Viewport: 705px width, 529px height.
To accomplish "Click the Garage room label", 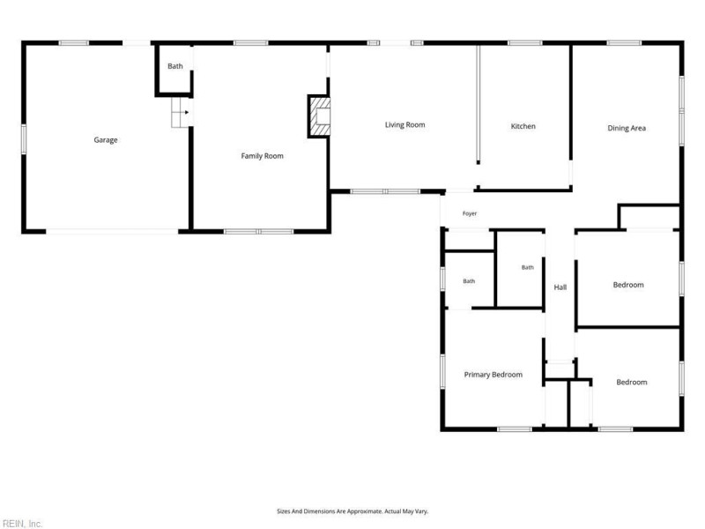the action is [106, 140].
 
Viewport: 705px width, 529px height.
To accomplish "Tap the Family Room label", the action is [262, 156].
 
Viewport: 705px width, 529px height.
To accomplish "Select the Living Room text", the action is [404, 125].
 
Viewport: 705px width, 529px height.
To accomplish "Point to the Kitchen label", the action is [523, 126].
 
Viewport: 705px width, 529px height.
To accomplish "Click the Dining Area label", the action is [627, 128].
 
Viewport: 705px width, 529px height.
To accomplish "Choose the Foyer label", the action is [470, 213].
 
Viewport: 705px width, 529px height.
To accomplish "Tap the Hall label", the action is [560, 287].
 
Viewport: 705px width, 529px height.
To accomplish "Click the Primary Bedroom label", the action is [493, 375].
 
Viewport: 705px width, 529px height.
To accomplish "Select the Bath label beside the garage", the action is [174, 66].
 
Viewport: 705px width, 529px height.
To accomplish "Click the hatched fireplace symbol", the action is [319, 116].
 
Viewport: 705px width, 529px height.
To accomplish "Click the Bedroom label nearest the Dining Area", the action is [628, 285].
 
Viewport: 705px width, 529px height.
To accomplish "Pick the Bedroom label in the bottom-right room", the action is [631, 383].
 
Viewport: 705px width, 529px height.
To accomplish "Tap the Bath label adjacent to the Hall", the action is [527, 268].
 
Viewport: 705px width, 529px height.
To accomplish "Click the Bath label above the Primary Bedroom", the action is [469, 281].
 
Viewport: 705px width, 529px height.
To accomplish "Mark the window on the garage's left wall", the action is [24, 139].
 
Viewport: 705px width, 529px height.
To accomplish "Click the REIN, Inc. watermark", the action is [21, 524].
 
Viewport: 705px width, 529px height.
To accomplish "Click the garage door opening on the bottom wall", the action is [112, 232].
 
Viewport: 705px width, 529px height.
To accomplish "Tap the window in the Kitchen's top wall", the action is [524, 43].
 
